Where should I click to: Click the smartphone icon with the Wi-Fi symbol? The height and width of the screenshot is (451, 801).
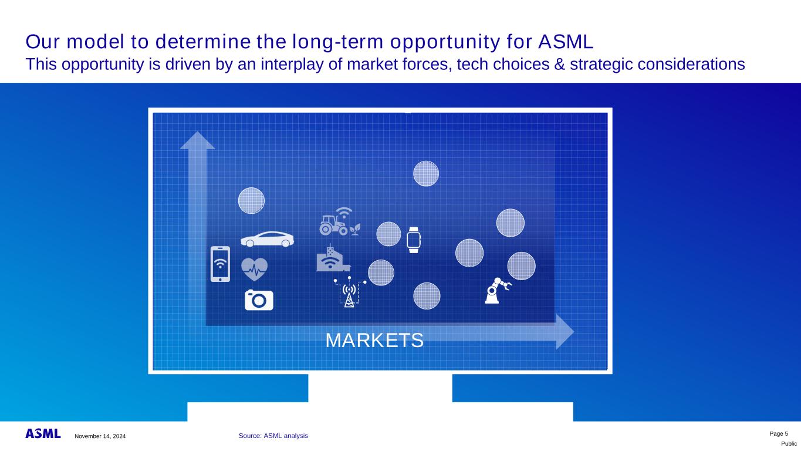(220, 264)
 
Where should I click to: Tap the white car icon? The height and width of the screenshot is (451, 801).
(267, 240)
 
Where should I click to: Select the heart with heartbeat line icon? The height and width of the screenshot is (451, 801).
(254, 269)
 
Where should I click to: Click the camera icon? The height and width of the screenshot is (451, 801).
(259, 300)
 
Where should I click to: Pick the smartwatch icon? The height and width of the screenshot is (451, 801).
(414, 240)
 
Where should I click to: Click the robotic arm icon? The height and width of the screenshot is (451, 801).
(498, 291)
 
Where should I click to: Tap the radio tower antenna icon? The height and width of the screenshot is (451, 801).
(349, 292)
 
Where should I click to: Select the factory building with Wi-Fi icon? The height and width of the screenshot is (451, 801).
(333, 258)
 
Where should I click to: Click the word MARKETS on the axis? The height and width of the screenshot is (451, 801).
(374, 340)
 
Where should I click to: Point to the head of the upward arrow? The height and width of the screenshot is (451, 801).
(197, 140)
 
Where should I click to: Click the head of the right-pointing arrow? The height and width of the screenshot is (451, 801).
(565, 332)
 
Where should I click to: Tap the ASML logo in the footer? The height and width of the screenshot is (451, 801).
(43, 433)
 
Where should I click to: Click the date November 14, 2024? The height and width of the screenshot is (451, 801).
(100, 436)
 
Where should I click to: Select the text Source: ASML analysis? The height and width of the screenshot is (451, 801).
(273, 436)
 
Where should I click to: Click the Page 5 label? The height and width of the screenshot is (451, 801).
(779, 434)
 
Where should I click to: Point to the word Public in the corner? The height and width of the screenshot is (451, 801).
(789, 444)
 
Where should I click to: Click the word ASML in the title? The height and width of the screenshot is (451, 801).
(566, 42)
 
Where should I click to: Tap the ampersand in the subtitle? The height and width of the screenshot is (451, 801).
(560, 65)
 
